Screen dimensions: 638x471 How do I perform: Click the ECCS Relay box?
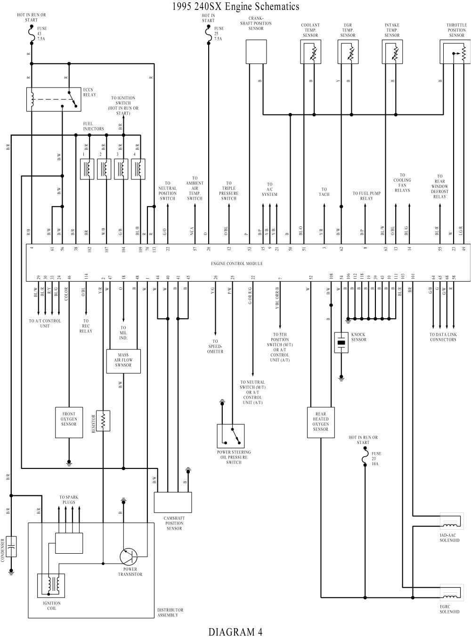pyautogui.click(x=53, y=99)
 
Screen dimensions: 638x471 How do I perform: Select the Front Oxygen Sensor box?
pyautogui.click(x=69, y=420)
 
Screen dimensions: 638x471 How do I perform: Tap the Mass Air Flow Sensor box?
pyautogui.click(x=123, y=361)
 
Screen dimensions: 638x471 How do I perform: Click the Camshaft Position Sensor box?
pyautogui.click(x=173, y=502)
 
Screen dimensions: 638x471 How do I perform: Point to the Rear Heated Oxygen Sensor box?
pyautogui.click(x=320, y=422)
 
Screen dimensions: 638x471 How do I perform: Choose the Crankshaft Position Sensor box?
pyautogui.click(x=256, y=51)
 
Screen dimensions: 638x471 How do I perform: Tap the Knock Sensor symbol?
pyautogui.click(x=341, y=343)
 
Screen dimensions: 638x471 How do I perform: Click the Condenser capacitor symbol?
pyautogui.click(x=11, y=546)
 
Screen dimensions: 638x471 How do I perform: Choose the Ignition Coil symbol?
pyautogui.click(x=51, y=585)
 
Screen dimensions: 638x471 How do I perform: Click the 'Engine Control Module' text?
pyautogui.click(x=236, y=264)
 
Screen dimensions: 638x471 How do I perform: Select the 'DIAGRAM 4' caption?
pyautogui.click(x=235, y=631)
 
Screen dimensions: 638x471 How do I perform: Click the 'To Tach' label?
pyautogui.click(x=324, y=192)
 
